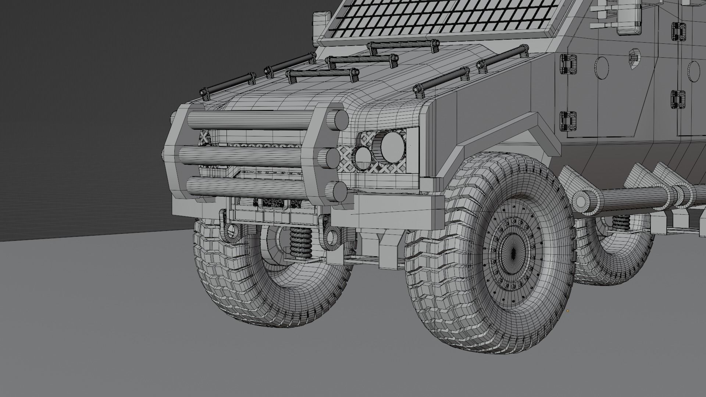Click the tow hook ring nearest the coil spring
(x=332, y=237)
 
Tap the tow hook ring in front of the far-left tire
(x=231, y=230)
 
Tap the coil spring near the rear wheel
(x=621, y=222)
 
